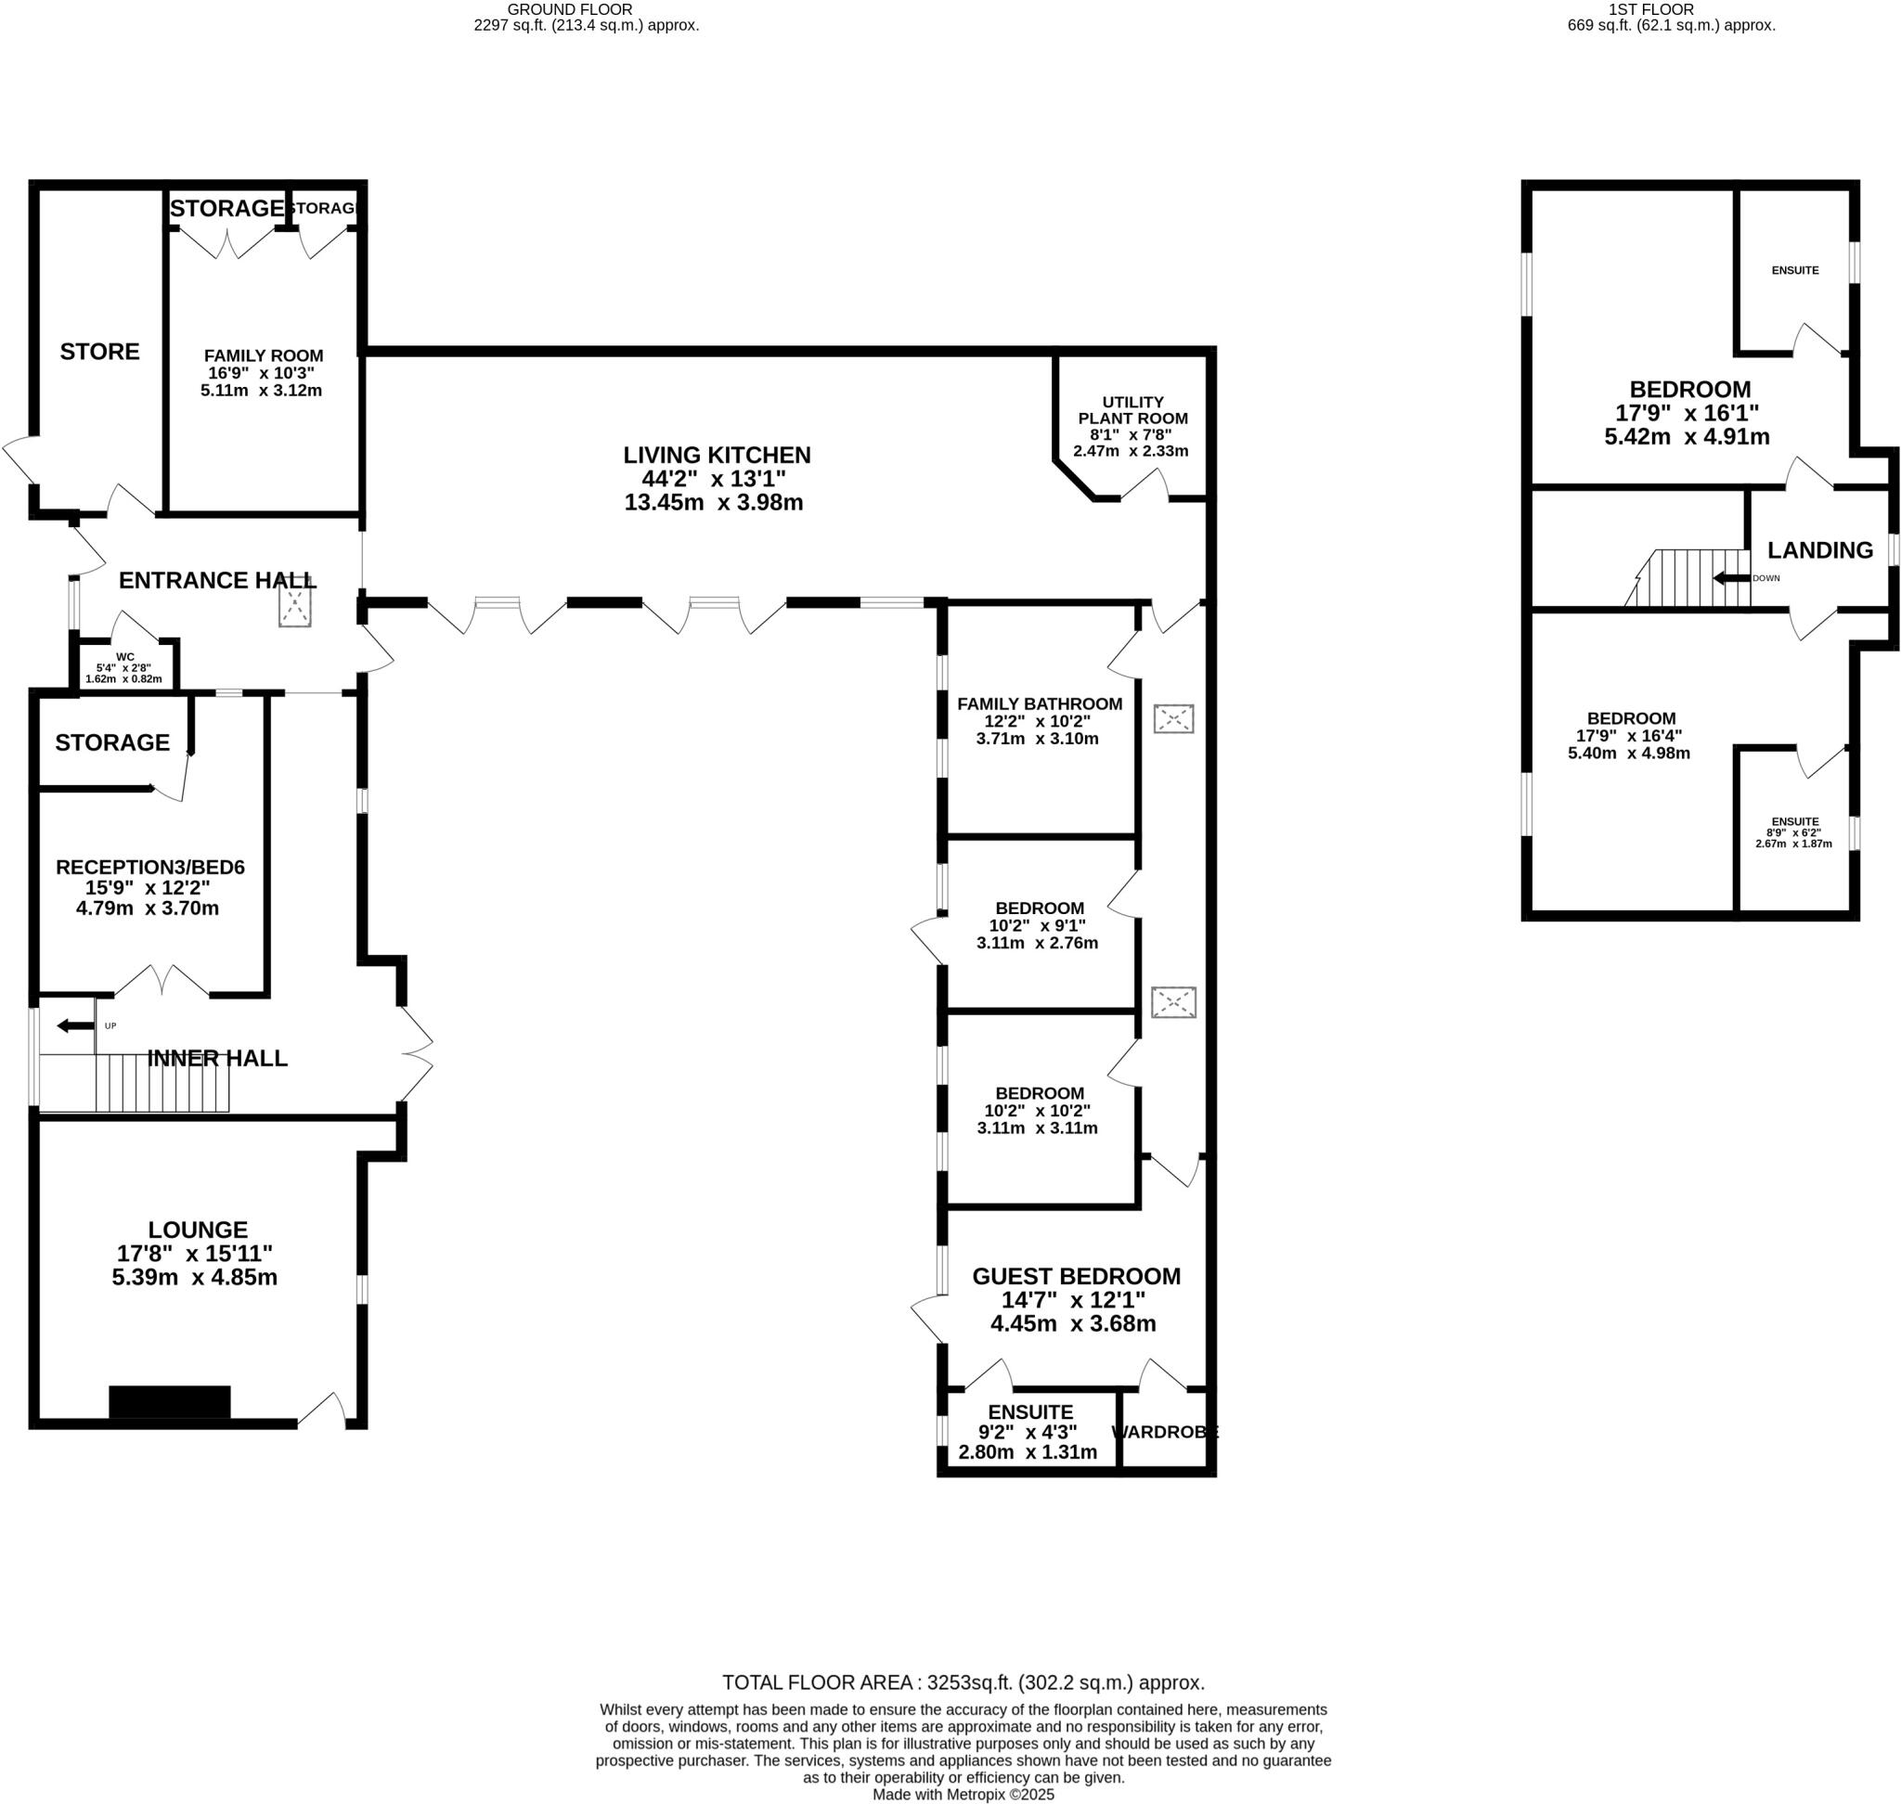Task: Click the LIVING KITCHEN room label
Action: [x=716, y=455]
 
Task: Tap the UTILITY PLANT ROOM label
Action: [x=1132, y=409]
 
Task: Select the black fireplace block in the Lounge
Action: [x=169, y=1401]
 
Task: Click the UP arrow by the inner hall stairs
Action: [x=70, y=1026]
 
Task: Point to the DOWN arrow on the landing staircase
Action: [x=1731, y=578]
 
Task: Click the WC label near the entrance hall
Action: [x=124, y=658]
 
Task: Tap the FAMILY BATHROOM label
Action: [x=1039, y=704]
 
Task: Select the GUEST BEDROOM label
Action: [x=1076, y=1276]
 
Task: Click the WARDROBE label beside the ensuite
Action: [x=1164, y=1432]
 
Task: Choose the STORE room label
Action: [x=100, y=351]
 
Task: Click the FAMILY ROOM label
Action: [x=264, y=355]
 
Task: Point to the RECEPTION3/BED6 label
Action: [x=150, y=868]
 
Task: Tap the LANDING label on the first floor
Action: [x=1819, y=550]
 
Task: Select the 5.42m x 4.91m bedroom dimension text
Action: [x=1686, y=436]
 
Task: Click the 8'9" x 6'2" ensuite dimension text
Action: [x=1793, y=832]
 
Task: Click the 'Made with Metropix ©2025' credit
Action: [x=963, y=1795]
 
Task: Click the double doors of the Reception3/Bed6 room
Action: [x=162, y=981]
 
